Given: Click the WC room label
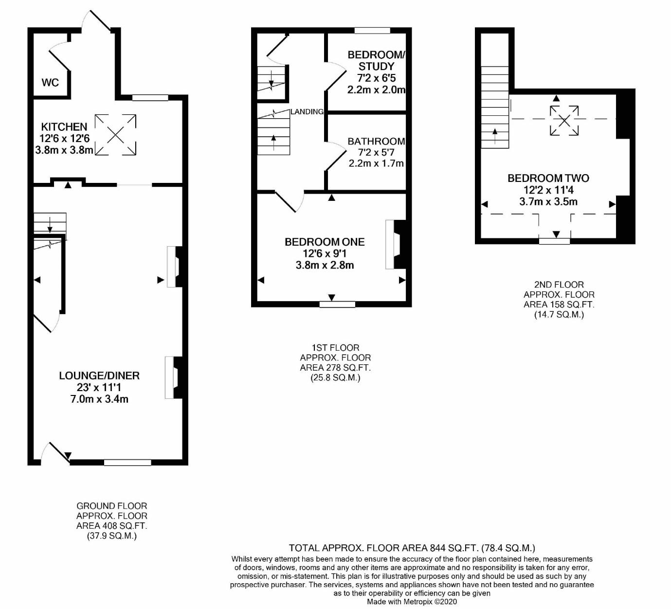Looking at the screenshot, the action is tap(50, 82).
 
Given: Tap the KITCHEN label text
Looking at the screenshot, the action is tap(64, 127).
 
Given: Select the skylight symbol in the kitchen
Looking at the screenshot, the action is tap(115, 135).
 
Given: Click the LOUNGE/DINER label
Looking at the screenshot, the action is tap(99, 376).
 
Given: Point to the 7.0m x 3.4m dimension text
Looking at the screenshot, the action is tap(99, 399).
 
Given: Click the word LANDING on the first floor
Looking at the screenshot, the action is tap(307, 112).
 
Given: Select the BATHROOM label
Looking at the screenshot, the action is tap(376, 142).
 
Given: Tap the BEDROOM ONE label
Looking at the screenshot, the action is tap(325, 242).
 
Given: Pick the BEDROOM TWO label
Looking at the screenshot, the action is tap(548, 178).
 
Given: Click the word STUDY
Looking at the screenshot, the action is tap(376, 66).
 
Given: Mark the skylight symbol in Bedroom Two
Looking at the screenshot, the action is tap(564, 121).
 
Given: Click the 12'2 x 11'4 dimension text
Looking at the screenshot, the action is tap(548, 190).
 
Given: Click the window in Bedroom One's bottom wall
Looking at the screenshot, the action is tap(337, 304).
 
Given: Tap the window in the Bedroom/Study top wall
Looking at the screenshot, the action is tap(372, 31).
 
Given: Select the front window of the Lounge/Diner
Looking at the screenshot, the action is tap(127, 463).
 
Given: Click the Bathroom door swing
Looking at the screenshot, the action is tap(336, 156).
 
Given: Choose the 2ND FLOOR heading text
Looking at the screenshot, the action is tap(559, 285).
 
